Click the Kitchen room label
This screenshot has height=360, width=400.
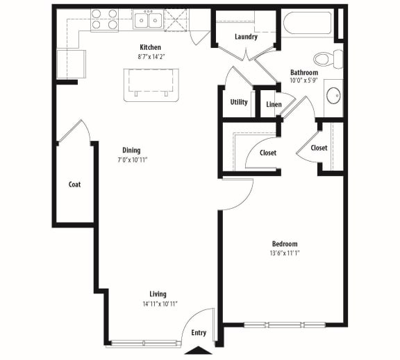pyautogui.click(x=151, y=47)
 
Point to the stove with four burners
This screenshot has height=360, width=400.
pyautogui.click(x=104, y=19)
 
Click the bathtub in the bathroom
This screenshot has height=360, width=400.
pyautogui.click(x=307, y=22)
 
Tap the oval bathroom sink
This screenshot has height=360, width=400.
pyautogui.click(x=333, y=94)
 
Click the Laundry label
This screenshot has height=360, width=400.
pyautogui.click(x=246, y=37)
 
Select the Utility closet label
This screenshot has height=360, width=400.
pyautogui.click(x=239, y=102)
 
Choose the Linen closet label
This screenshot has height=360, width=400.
pyautogui.click(x=274, y=105)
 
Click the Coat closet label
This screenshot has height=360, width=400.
pyautogui.click(x=74, y=185)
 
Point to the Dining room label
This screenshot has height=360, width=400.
pyautogui.click(x=131, y=150)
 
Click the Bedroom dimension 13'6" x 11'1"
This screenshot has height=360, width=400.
pyautogui.click(x=285, y=254)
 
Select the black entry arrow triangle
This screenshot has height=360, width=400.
pyautogui.click(x=199, y=351)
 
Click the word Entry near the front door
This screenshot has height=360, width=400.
pyautogui.click(x=199, y=334)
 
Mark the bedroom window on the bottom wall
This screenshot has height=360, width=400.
pyautogui.click(x=285, y=324)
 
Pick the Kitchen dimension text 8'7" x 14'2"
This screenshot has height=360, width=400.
pyautogui.click(x=151, y=57)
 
